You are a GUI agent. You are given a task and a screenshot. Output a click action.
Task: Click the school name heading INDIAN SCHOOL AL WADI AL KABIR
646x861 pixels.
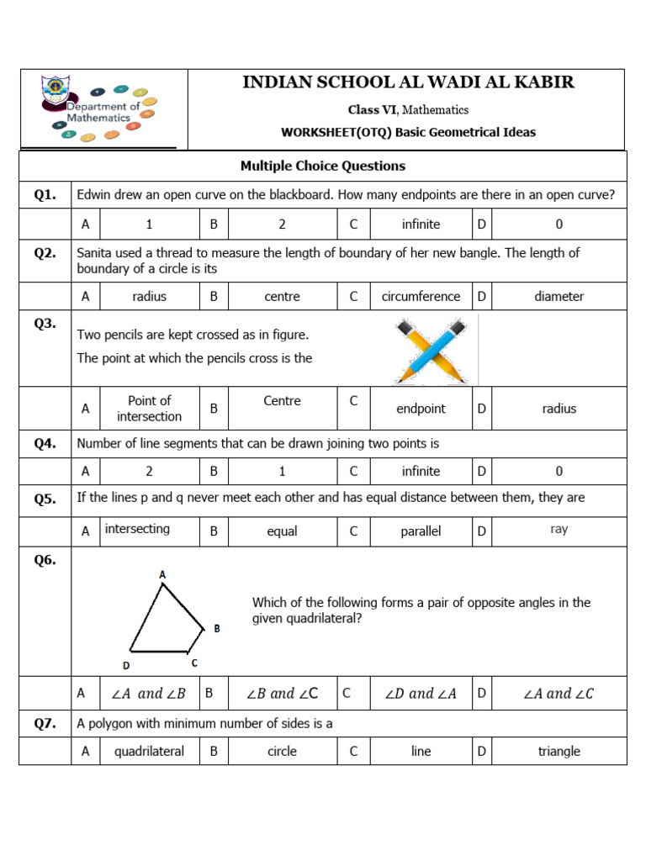tap(408, 82)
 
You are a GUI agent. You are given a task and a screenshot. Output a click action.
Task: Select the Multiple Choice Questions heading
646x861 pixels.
tap(323, 166)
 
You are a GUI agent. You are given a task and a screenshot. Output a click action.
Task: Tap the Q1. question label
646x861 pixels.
tap(45, 195)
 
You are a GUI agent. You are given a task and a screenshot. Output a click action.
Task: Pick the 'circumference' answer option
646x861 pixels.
tap(421, 296)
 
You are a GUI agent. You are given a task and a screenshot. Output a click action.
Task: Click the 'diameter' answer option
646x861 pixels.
tap(559, 296)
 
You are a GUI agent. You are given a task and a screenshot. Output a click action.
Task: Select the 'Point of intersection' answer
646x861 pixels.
tap(149, 409)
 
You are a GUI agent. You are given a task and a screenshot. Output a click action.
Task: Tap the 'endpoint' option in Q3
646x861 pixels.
tap(421, 409)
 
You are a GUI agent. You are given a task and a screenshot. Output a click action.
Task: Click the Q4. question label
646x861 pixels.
tap(45, 443)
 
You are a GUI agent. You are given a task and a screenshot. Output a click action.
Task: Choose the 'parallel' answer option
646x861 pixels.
tap(421, 531)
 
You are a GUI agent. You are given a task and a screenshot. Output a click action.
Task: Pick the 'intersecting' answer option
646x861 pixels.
tap(137, 529)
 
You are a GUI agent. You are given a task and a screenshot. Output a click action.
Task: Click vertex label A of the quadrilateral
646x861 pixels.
tap(162, 574)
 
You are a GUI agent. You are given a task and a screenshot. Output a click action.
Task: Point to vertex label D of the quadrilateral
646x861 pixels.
tap(126, 665)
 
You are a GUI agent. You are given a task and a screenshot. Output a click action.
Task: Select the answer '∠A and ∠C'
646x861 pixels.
tap(559, 694)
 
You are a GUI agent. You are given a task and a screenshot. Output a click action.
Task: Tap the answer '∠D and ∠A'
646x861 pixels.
tap(421, 694)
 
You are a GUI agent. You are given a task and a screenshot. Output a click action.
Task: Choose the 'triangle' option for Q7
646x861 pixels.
tap(559, 752)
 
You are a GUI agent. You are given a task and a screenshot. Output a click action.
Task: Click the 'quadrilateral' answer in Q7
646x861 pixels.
tap(149, 752)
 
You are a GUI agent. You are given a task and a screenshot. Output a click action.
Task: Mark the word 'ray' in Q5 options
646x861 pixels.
tap(559, 530)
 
